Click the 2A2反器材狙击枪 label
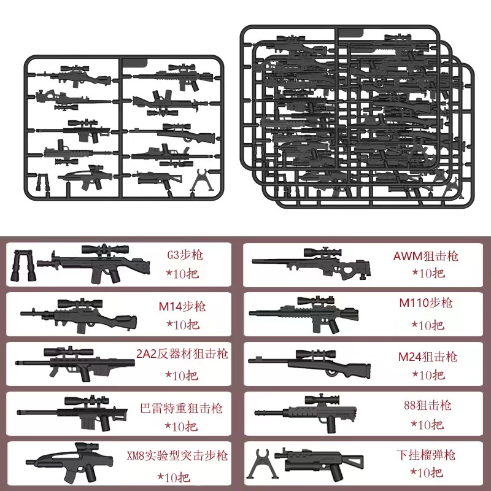point(182,354)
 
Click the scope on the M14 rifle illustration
point(78,303)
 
